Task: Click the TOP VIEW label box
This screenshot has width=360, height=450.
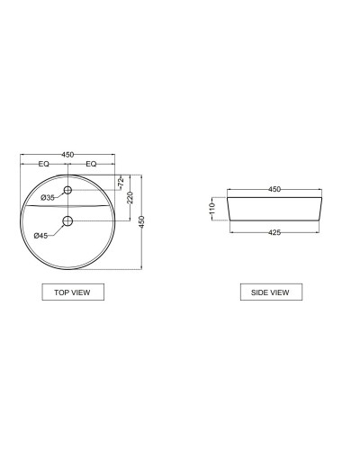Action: [73, 292]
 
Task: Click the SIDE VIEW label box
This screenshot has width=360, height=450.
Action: [271, 292]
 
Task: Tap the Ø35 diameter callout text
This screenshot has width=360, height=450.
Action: [48, 197]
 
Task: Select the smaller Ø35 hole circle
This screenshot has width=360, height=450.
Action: [67, 190]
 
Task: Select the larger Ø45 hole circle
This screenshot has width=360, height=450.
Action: [67, 220]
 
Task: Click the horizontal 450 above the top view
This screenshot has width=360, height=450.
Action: [67, 155]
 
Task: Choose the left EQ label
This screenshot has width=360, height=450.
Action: [43, 165]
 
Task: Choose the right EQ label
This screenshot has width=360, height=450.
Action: [92, 165]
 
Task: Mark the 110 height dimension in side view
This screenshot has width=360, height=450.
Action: [211, 208]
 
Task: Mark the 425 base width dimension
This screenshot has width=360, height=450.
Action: [275, 232]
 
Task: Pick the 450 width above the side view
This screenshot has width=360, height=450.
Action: [275, 189]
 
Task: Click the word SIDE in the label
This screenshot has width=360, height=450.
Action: [258, 292]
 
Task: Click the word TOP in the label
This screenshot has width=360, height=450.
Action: [62, 292]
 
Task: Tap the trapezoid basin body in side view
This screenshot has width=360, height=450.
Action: [274, 209]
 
